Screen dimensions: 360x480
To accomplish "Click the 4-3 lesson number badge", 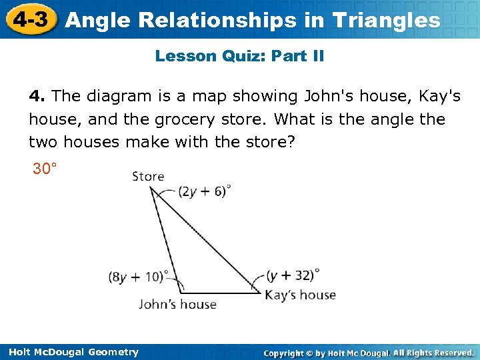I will pos(31,19).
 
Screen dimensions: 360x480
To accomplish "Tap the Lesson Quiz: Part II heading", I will pos(239,56).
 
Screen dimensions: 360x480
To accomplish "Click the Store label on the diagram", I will pos(148,176).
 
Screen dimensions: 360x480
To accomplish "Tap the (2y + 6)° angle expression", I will pos(204,191).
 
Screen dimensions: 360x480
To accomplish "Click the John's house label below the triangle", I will pos(177,304).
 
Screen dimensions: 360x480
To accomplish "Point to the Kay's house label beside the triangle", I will pos(300,294).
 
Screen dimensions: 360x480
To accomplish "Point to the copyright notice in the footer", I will pos(369,352).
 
